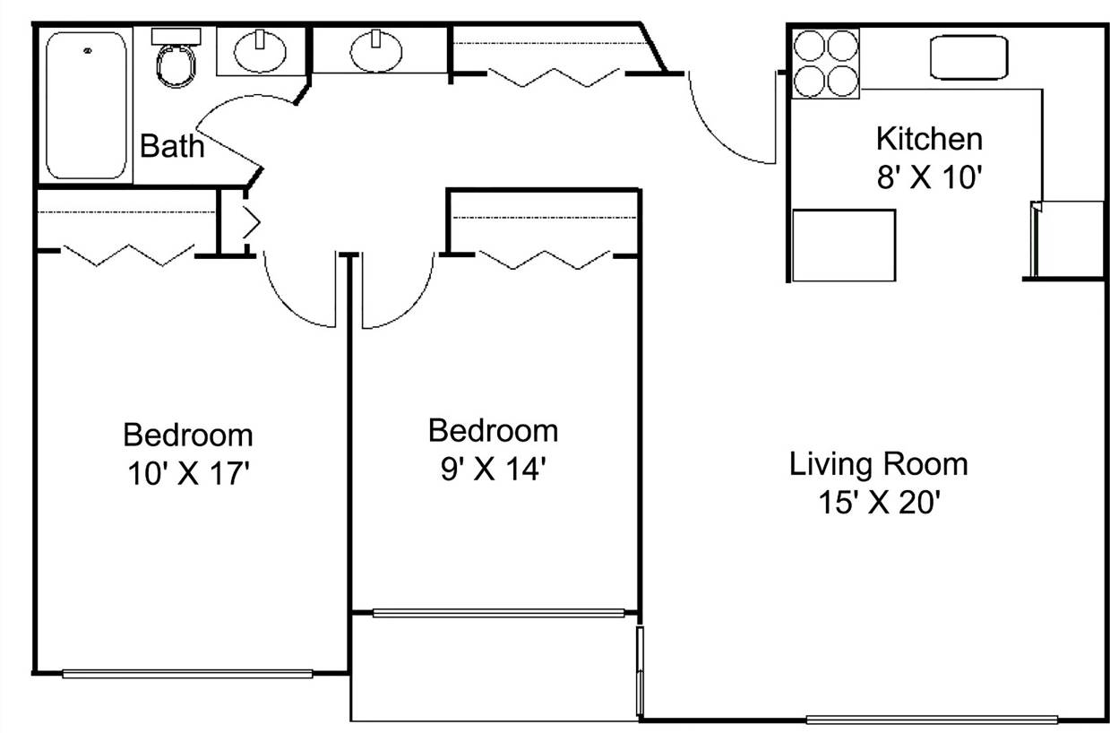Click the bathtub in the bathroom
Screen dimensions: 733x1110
(x=87, y=105)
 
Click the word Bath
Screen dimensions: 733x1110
(x=172, y=145)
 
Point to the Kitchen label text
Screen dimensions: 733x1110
(x=928, y=139)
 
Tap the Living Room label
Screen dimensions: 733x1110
(x=878, y=464)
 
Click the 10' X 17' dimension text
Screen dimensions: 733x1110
(x=187, y=473)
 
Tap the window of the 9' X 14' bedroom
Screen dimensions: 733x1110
(x=497, y=614)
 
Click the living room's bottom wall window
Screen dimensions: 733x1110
(x=932, y=719)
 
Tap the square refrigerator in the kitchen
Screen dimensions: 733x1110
(x=844, y=246)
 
